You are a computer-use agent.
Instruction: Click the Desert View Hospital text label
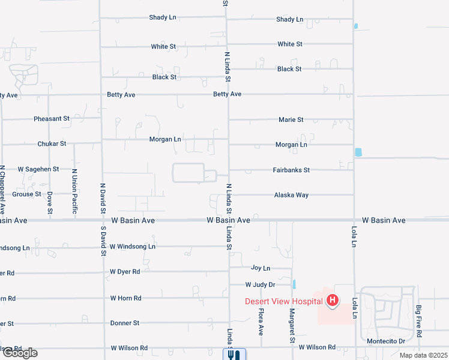point(284,301)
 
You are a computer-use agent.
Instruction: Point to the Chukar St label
point(52,144)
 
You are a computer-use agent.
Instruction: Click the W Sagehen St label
point(38,170)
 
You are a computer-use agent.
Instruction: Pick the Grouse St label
point(26,194)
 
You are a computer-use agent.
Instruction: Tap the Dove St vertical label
point(50,203)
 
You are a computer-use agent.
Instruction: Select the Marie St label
point(291,120)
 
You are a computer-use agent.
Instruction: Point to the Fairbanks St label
point(291,170)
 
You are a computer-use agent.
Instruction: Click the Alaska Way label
point(291,195)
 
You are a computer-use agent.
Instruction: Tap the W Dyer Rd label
point(125,272)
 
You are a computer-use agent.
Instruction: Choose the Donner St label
point(125,323)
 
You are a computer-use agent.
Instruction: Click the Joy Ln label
point(261,268)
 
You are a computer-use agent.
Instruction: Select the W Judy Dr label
point(260,284)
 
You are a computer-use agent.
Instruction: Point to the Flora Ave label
point(261,322)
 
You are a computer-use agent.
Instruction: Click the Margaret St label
point(292,322)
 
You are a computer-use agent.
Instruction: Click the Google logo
point(19,353)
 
